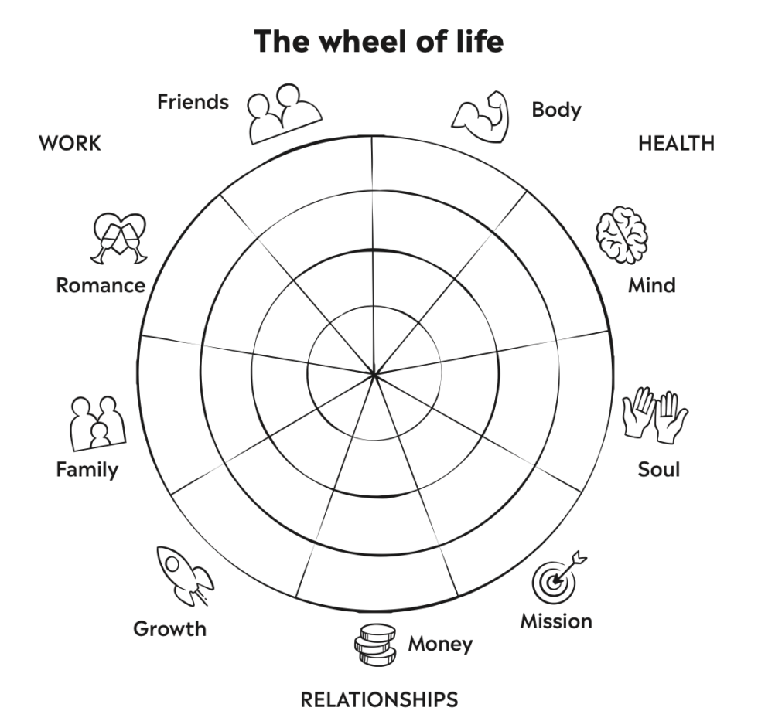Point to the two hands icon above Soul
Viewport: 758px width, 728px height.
[655, 415]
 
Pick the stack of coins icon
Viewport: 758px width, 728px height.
[375, 642]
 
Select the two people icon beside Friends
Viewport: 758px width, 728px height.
[283, 112]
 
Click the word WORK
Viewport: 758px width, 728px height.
[70, 143]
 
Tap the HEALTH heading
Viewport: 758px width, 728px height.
[676, 143]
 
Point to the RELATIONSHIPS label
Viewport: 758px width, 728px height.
[379, 700]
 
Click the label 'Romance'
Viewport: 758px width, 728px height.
[101, 285]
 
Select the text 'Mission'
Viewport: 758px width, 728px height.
[556, 621]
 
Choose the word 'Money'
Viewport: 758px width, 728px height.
[440, 643]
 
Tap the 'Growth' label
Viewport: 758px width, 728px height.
[170, 628]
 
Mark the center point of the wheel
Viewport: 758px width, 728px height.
[374, 375]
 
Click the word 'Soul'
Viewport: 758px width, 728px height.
[659, 469]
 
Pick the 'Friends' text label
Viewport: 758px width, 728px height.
[193, 101]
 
